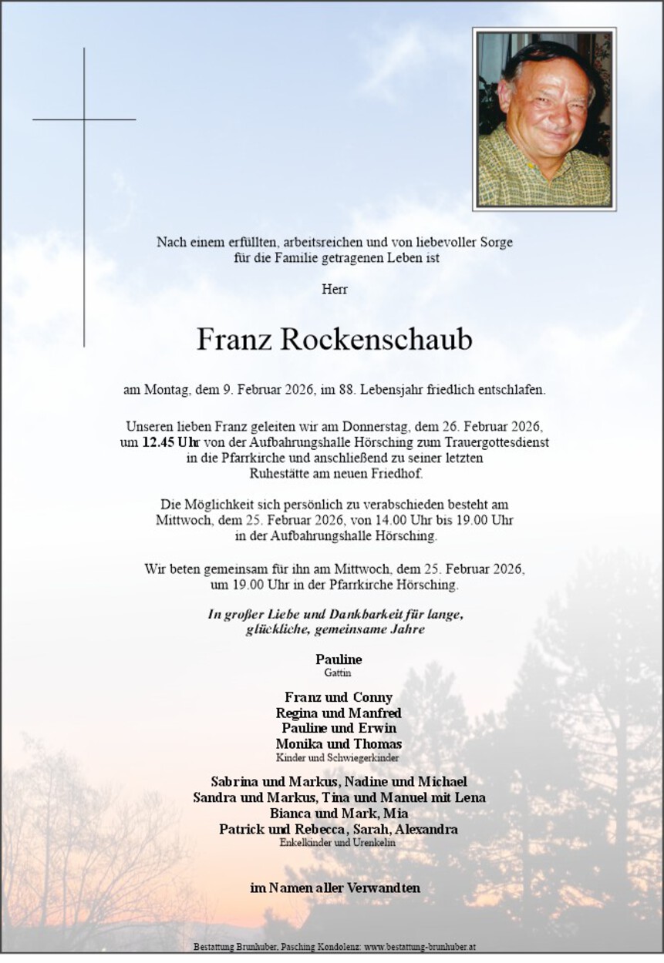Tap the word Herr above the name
click(x=334, y=290)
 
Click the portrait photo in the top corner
click(x=544, y=119)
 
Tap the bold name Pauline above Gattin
click(x=338, y=659)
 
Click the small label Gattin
click(x=338, y=673)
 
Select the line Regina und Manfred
click(x=338, y=713)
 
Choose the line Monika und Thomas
click(x=338, y=744)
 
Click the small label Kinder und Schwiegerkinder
click(x=338, y=758)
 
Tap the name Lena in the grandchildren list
click(x=470, y=798)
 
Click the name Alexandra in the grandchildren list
click(x=426, y=830)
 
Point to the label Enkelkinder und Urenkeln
click(x=338, y=844)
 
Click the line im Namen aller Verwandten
click(x=335, y=888)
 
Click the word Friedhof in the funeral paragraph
click(x=399, y=473)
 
